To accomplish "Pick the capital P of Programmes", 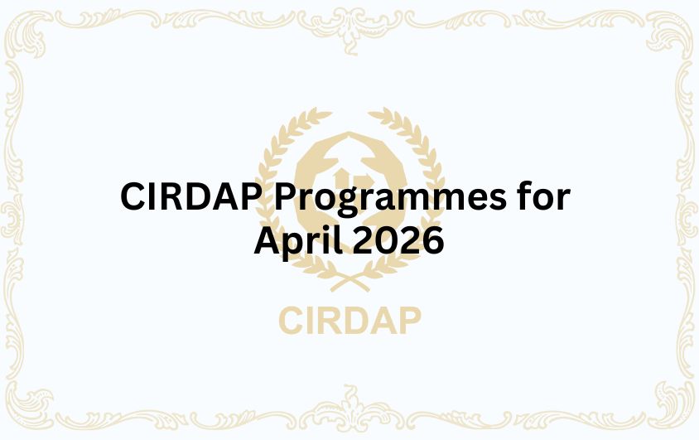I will [287, 198].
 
